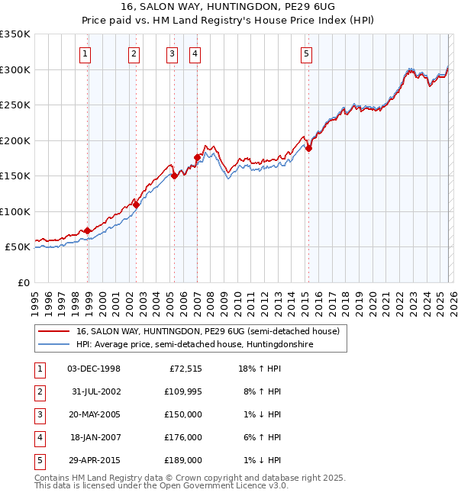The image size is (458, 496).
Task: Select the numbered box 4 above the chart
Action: coord(195,53)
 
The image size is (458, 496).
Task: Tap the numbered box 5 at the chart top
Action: coord(306,53)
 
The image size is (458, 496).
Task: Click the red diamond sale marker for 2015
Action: coord(309,149)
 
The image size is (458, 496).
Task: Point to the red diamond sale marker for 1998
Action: coord(88,230)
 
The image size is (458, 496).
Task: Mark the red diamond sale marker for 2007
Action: coord(197,158)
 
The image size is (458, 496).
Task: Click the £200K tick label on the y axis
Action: coord(15,140)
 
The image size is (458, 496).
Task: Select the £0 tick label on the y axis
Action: coord(23,282)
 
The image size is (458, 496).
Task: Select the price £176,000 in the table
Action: coord(183,437)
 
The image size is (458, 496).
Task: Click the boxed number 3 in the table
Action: coord(39,414)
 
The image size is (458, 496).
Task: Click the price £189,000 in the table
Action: coord(183,460)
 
